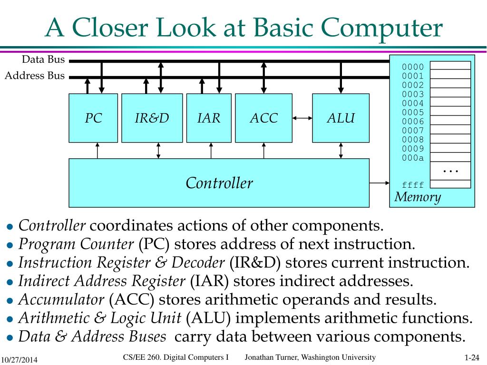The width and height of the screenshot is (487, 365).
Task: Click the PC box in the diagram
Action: pos(93,118)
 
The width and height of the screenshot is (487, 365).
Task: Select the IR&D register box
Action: pos(152,118)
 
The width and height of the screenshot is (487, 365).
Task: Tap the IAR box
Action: pos(209,118)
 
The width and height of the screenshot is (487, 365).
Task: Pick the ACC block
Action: pos(263,118)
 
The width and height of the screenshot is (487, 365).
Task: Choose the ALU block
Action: pos(341,118)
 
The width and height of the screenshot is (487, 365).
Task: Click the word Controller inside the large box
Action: pos(219,183)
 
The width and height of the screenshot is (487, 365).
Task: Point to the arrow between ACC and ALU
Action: pos(302,117)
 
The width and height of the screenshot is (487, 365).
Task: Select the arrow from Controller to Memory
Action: pos(379,182)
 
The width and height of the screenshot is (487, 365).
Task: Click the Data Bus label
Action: pos(43,59)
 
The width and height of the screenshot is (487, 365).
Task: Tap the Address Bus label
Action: pos(34,76)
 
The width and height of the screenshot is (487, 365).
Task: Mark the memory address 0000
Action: pos(412,67)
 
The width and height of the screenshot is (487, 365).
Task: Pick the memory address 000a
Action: pos(412,158)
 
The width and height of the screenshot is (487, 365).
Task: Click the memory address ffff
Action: pos(412,185)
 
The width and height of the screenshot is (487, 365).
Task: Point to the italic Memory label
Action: pos(418,197)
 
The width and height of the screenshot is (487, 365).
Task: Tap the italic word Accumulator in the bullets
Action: pos(61,300)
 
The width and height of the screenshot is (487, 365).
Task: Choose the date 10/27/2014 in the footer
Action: pos(19,359)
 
